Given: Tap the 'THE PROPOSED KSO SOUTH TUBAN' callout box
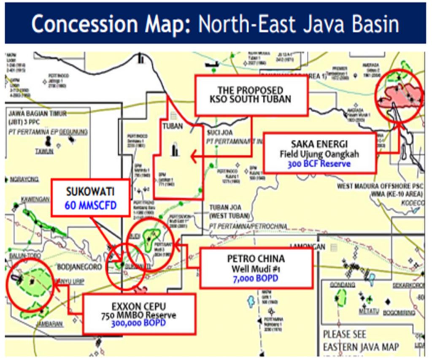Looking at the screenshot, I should pos(251,95).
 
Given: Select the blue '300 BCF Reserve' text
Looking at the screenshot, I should pos(319,163).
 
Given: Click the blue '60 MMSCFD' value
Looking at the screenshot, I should pos(91,205).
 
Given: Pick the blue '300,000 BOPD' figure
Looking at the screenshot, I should pos(139,324).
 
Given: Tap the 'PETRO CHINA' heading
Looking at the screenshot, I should pos(256,258).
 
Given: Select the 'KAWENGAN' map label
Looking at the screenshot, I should pos(21,199).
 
